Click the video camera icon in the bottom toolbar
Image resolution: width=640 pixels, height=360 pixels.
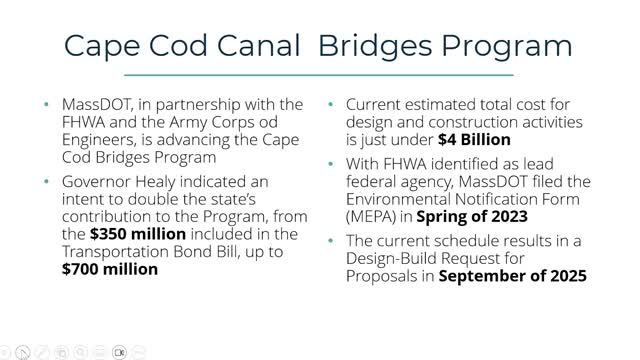119,352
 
